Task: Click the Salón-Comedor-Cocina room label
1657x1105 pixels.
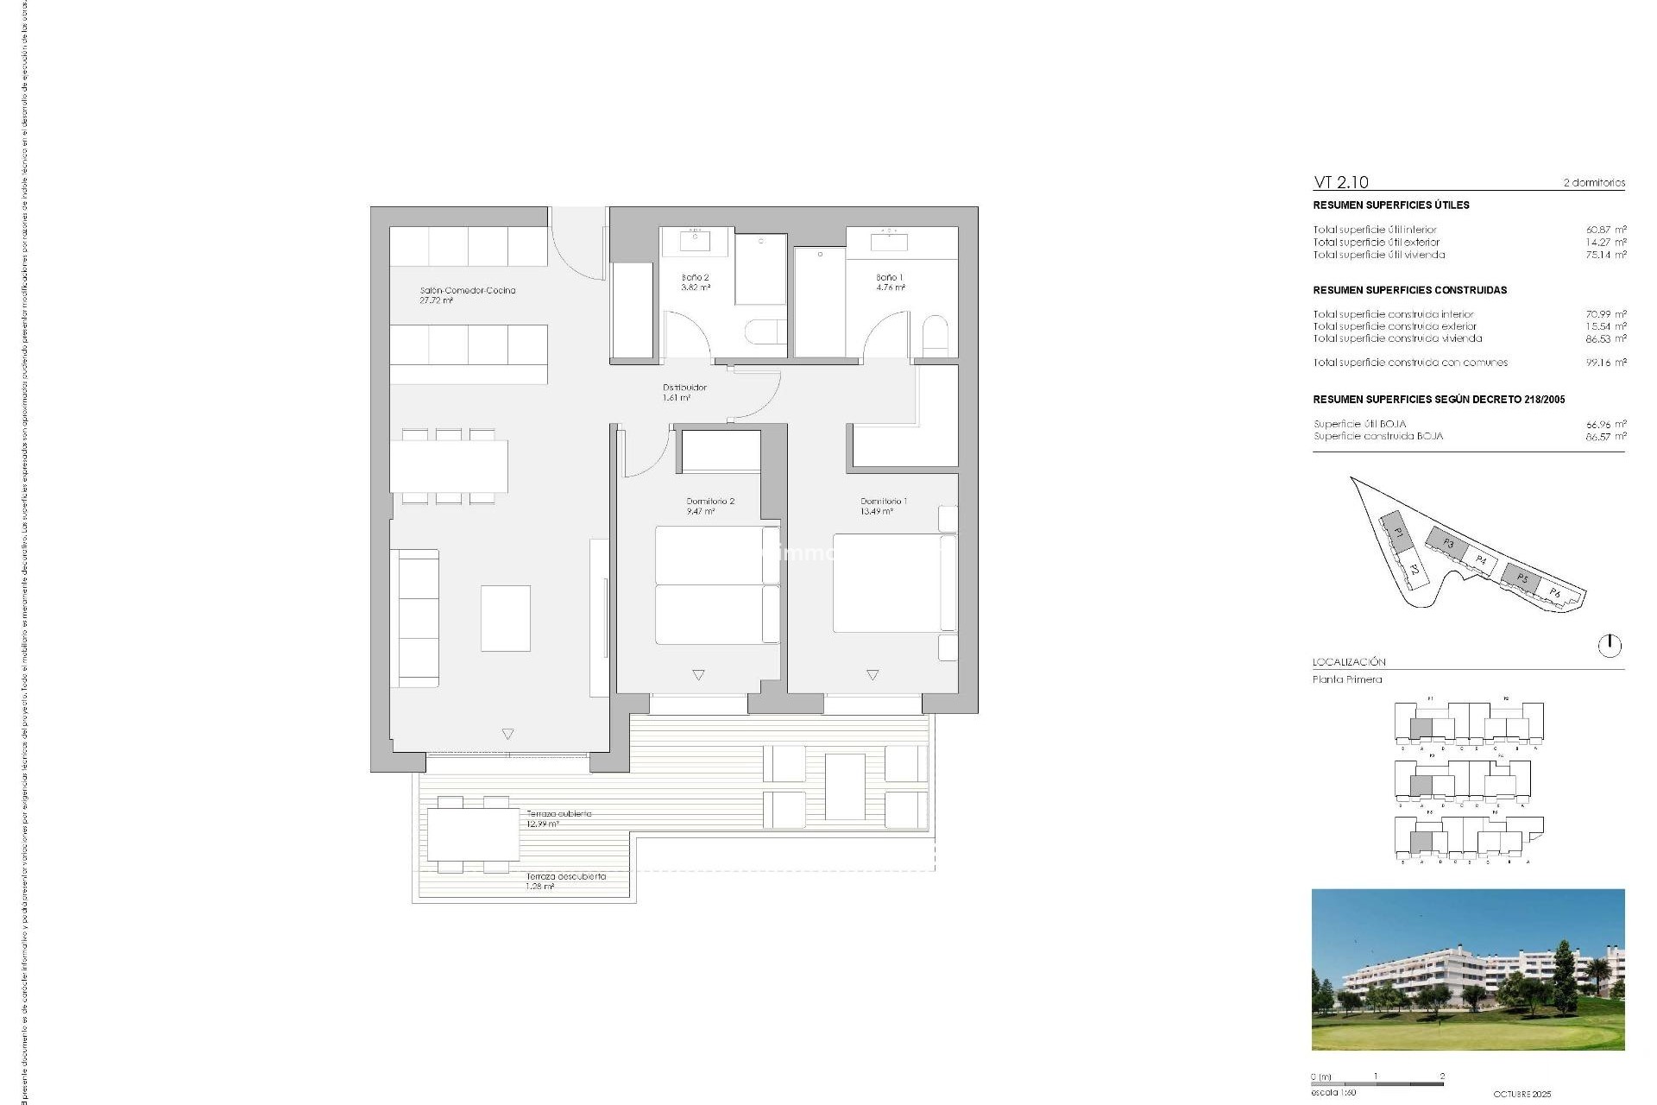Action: [467, 291]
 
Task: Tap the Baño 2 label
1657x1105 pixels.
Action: [695, 278]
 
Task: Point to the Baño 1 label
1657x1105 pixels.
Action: [890, 278]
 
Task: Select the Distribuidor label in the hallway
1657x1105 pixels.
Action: [684, 388]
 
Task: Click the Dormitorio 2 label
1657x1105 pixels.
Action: [710, 502]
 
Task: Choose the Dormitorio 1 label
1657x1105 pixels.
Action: [883, 502]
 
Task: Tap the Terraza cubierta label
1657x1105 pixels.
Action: [559, 814]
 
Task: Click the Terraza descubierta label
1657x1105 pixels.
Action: [566, 876]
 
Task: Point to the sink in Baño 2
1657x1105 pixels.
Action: [696, 240]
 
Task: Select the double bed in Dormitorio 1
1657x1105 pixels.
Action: [889, 583]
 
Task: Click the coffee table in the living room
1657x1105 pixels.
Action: [506, 618]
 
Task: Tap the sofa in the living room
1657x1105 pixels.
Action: [415, 617]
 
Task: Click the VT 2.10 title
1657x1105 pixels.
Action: [1340, 182]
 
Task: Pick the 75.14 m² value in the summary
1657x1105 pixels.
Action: [1605, 255]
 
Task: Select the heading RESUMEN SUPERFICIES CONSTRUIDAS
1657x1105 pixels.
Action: [1409, 290]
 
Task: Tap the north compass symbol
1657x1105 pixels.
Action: [1610, 645]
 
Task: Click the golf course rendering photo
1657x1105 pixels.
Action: [1467, 969]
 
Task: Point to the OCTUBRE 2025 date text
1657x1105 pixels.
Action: [1522, 1094]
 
